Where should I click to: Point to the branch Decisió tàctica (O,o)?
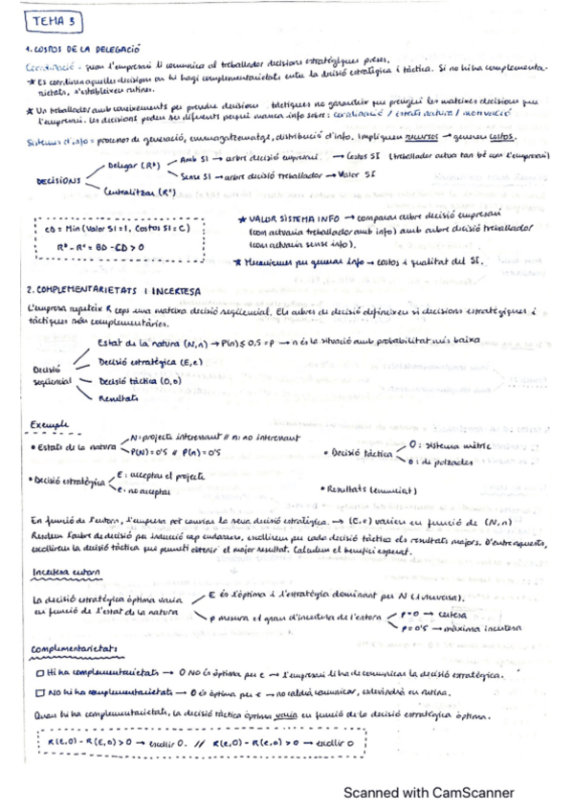click(x=138, y=380)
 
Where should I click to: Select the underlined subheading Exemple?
click(x=47, y=421)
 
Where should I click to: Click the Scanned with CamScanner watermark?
click(x=430, y=792)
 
